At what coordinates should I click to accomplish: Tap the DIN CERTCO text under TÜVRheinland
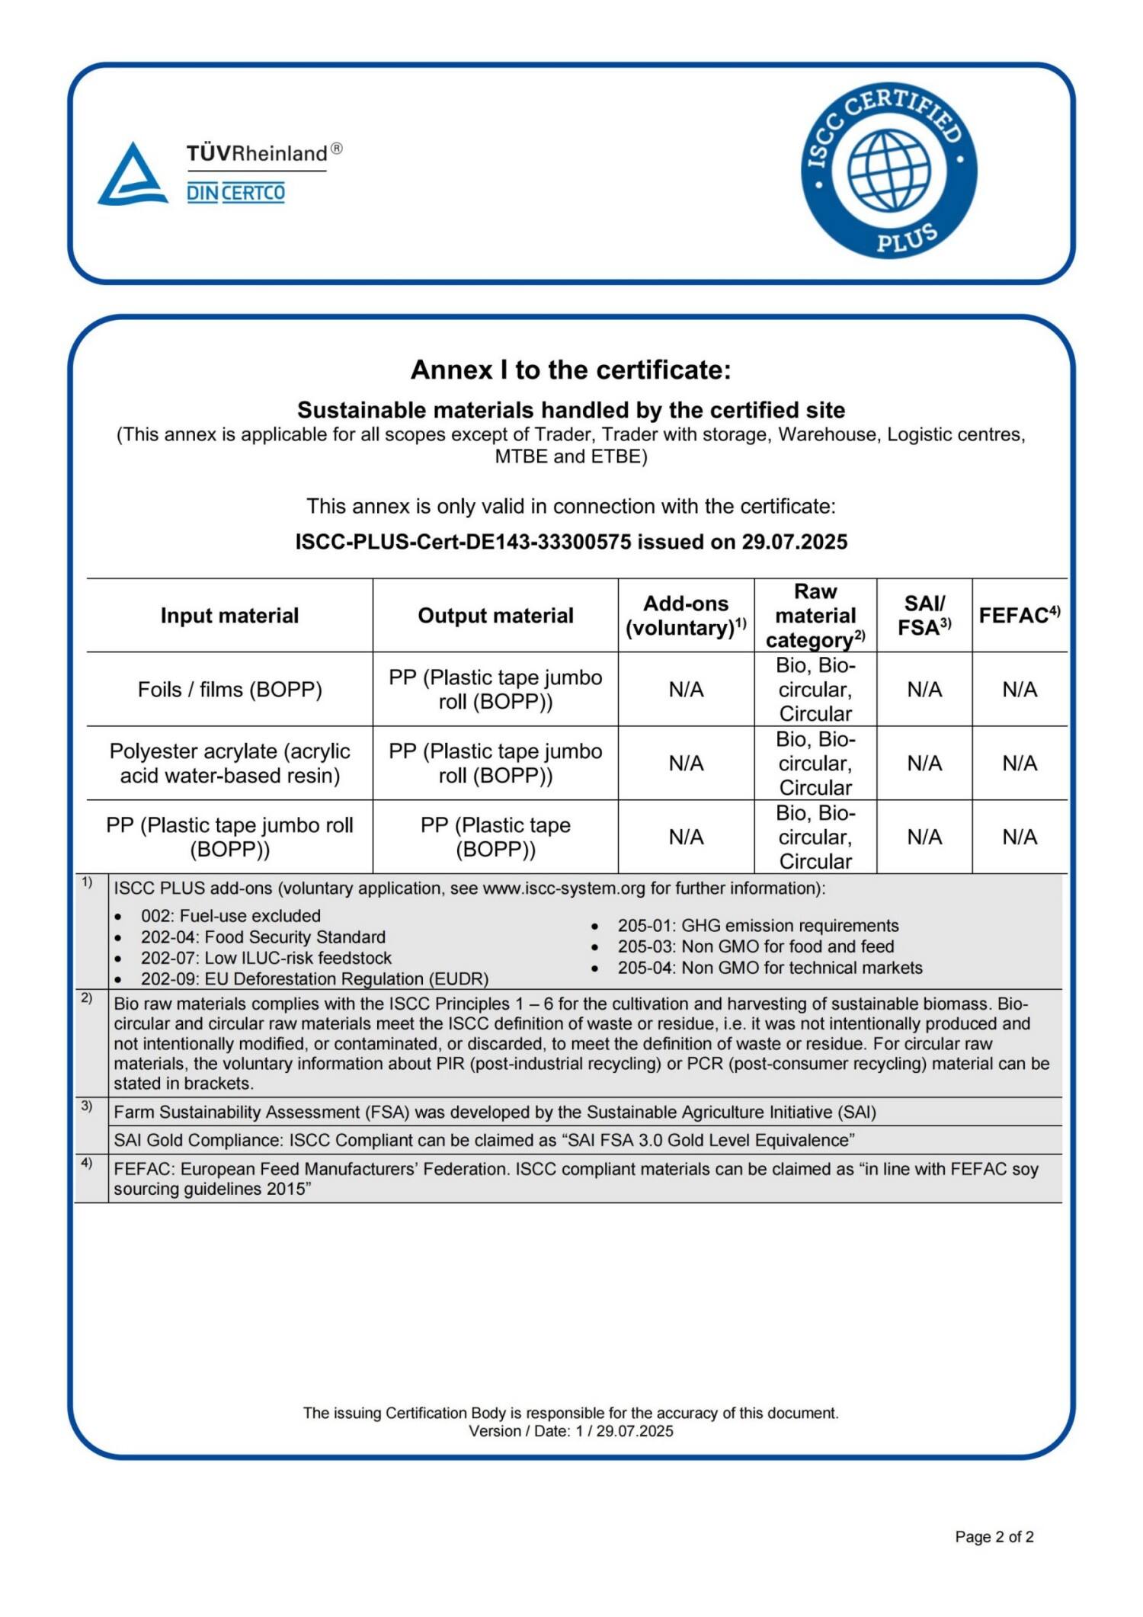click(x=235, y=193)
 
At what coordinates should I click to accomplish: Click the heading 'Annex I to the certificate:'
click(x=571, y=370)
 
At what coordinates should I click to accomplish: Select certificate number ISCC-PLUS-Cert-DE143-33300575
click(x=463, y=542)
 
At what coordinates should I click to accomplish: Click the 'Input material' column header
click(x=229, y=616)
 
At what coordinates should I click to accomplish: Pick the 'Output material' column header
click(x=495, y=616)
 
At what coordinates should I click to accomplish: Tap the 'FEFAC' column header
click(x=1019, y=615)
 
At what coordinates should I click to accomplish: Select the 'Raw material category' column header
click(x=815, y=616)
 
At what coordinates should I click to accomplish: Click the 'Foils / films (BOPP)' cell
click(x=229, y=690)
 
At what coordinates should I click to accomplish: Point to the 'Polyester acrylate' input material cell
click(x=229, y=763)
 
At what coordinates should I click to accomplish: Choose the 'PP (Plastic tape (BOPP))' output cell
click(x=495, y=837)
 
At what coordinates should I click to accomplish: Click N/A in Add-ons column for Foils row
click(x=686, y=690)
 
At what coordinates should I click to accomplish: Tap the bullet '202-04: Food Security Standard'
click(x=263, y=937)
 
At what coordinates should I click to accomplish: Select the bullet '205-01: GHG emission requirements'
click(x=757, y=925)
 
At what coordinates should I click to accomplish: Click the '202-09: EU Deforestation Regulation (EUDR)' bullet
click(x=314, y=978)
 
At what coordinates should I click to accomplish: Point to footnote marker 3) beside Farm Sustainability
click(x=87, y=1106)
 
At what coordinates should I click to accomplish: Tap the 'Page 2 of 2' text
click(x=994, y=1537)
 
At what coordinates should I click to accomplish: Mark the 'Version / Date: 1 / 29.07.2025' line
click(x=571, y=1431)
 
